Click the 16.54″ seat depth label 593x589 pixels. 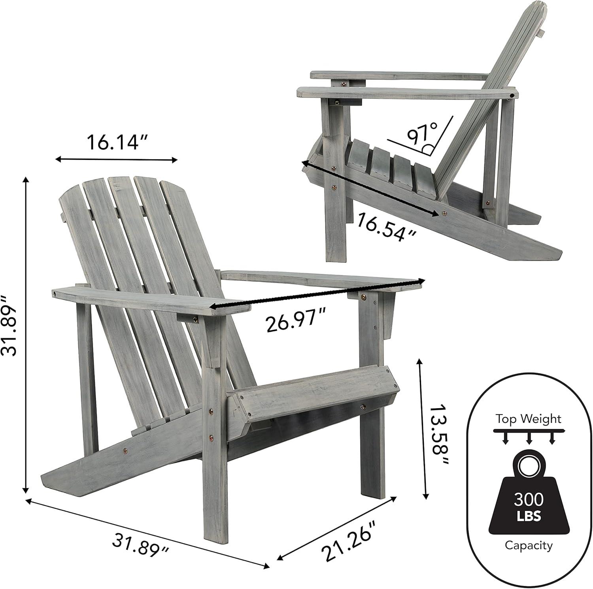click(x=387, y=228)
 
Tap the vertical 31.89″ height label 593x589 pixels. click(x=10, y=326)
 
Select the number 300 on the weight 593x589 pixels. click(x=529, y=500)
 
